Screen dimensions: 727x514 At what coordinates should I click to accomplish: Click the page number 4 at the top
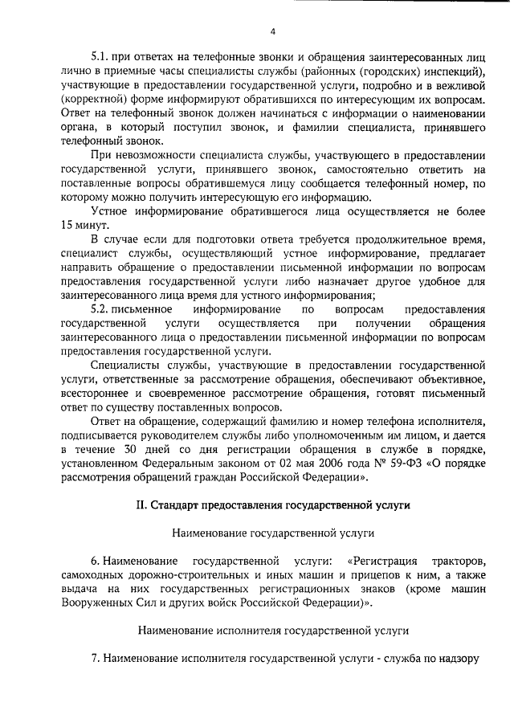[272, 32]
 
